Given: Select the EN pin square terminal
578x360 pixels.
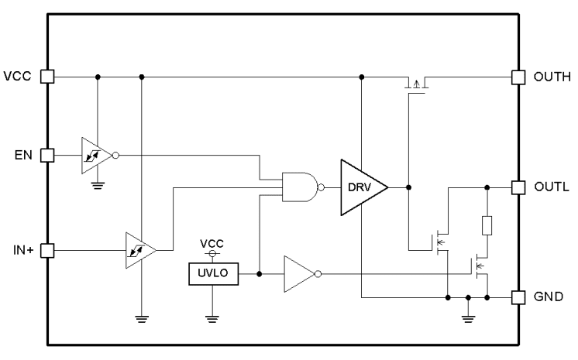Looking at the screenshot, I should pyautogui.click(x=46, y=155).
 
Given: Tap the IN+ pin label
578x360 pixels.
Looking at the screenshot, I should pyautogui.click(x=21, y=250).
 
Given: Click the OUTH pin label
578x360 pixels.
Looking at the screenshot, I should pyautogui.click(x=552, y=77).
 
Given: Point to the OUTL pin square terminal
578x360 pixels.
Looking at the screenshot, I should pyautogui.click(x=519, y=187).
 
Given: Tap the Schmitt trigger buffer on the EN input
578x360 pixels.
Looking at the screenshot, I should pyautogui.click(x=95, y=155).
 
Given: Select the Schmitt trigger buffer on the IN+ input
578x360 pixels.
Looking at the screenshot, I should pyautogui.click(x=138, y=250).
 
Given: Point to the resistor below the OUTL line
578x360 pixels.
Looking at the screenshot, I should pyautogui.click(x=487, y=225).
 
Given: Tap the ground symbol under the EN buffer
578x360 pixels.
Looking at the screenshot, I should pyautogui.click(x=97, y=186).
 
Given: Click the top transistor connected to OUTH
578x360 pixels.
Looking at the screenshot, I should pyautogui.click(x=416, y=84).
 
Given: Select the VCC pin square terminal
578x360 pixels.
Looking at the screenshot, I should pyautogui.click(x=46, y=77).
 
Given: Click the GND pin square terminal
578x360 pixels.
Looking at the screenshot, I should pyautogui.click(x=519, y=297).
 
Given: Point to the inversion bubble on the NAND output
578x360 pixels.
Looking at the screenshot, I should pyautogui.click(x=321, y=187).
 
